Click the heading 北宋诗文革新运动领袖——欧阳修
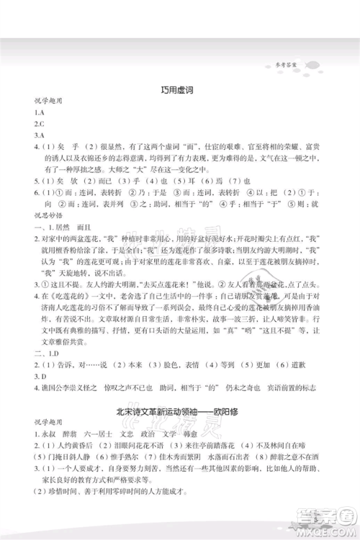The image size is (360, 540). pos(180,415)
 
